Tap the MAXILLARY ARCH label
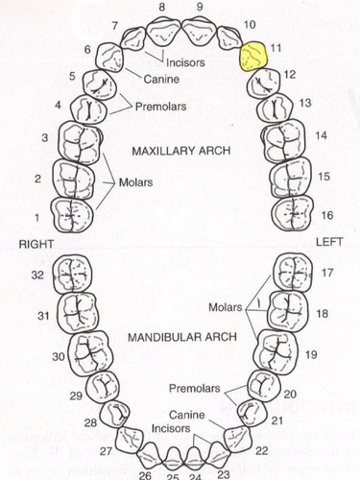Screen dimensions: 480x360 pyautogui.click(x=181, y=151)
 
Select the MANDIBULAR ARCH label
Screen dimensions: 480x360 pyautogui.click(x=182, y=337)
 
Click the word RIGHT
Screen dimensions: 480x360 pyautogui.click(x=36, y=244)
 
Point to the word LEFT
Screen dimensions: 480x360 pyautogui.click(x=329, y=242)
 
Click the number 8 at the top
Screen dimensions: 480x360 pyautogui.click(x=162, y=7)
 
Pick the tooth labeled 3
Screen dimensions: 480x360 pyautogui.click(x=80, y=143)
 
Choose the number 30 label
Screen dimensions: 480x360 pyautogui.click(x=59, y=356)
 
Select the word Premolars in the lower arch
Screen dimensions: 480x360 pyautogui.click(x=194, y=388)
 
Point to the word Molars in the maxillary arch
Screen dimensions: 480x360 pyautogui.click(x=136, y=183)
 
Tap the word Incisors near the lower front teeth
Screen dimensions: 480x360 pyautogui.click(x=171, y=428)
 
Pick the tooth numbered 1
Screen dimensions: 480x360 pyautogui.click(x=72, y=215)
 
